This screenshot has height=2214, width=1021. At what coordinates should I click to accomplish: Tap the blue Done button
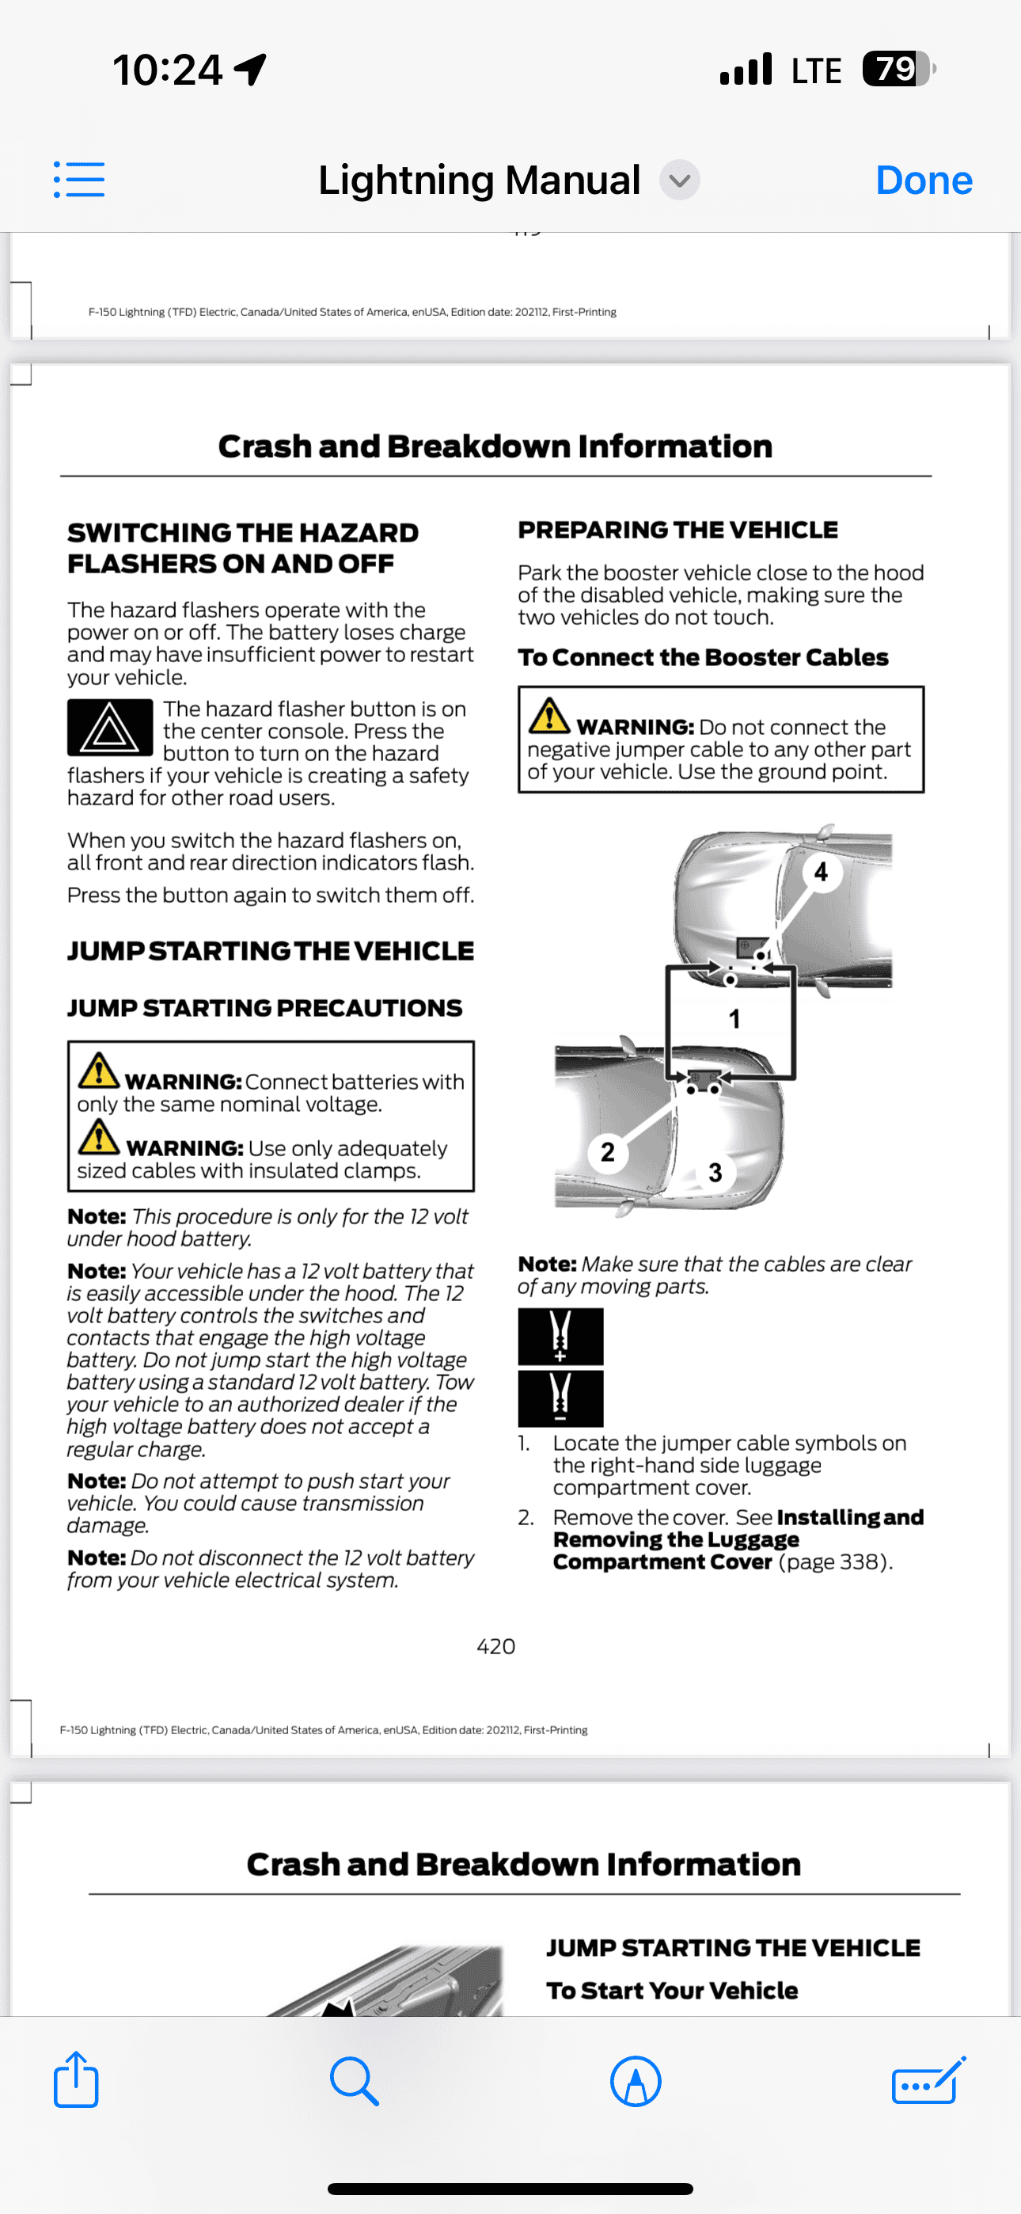point(923,181)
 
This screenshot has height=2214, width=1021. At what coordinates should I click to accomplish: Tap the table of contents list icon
point(79,180)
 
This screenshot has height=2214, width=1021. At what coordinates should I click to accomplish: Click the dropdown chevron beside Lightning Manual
point(679,181)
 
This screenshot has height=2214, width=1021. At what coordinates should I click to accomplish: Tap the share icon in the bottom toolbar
point(76,2080)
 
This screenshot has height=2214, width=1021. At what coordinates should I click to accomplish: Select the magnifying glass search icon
point(354,2081)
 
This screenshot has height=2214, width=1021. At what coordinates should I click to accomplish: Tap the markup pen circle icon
point(635,2081)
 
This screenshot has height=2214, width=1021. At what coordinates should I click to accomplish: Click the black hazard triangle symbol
point(110,728)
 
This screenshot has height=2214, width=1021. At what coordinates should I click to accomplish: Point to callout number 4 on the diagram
point(821,872)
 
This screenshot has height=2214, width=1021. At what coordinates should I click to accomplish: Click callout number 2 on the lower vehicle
point(608,1151)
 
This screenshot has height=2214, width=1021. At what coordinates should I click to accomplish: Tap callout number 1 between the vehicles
point(734,1019)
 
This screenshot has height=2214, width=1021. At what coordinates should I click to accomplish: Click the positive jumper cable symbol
point(560,1337)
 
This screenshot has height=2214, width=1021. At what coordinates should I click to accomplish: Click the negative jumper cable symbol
point(560,1398)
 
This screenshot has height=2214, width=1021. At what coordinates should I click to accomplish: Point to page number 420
point(496,1647)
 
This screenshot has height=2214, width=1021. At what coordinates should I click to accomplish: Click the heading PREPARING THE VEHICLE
point(678,531)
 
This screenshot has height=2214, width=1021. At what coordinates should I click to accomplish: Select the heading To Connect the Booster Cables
point(702,657)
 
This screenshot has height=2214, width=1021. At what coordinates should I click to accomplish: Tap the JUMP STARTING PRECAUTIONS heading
point(264,1008)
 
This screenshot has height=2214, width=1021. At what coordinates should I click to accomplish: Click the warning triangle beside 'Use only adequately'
point(99,1136)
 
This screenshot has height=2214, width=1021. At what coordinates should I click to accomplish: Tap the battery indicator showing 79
point(898,69)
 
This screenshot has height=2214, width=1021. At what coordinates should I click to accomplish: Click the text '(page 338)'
point(834,1562)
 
